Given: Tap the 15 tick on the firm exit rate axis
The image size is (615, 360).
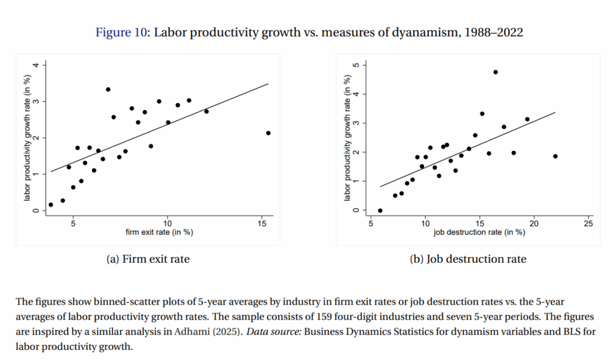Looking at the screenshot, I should click(262, 224).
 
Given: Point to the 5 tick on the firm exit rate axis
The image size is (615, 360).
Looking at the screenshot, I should click(73, 224).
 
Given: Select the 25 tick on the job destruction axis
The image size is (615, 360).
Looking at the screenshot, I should click(588, 224).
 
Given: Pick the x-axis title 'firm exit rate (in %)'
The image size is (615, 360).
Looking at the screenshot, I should click(159, 231).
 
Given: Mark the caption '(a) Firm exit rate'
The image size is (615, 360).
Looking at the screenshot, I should click(148, 259).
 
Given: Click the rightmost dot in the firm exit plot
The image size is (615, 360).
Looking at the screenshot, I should click(268, 133).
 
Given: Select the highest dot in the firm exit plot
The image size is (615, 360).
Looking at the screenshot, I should click(108, 90).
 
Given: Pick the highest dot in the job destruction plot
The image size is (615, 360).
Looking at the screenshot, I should click(495, 72).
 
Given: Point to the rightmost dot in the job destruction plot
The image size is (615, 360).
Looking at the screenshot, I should click(555, 156).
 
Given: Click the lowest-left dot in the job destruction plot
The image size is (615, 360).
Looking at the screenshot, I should click(380, 210).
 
